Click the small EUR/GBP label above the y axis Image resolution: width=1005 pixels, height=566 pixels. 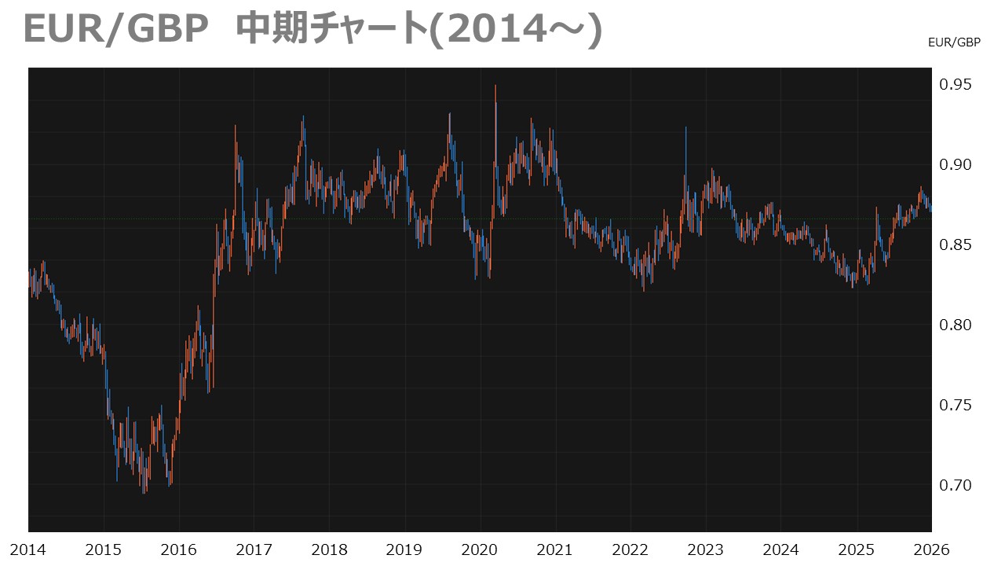(x=954, y=43)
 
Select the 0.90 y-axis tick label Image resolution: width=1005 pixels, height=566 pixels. (x=955, y=165)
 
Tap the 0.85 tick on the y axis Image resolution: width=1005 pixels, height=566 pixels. (x=955, y=245)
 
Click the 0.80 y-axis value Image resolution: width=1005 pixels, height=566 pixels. (x=955, y=325)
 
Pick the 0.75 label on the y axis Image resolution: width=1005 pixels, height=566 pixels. (x=955, y=406)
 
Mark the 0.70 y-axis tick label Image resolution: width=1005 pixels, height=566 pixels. (x=955, y=486)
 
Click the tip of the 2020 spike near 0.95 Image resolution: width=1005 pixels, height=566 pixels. (x=495, y=86)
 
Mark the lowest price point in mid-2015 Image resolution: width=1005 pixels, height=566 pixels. (x=144, y=493)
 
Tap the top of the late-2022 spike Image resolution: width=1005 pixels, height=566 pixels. (x=685, y=127)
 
